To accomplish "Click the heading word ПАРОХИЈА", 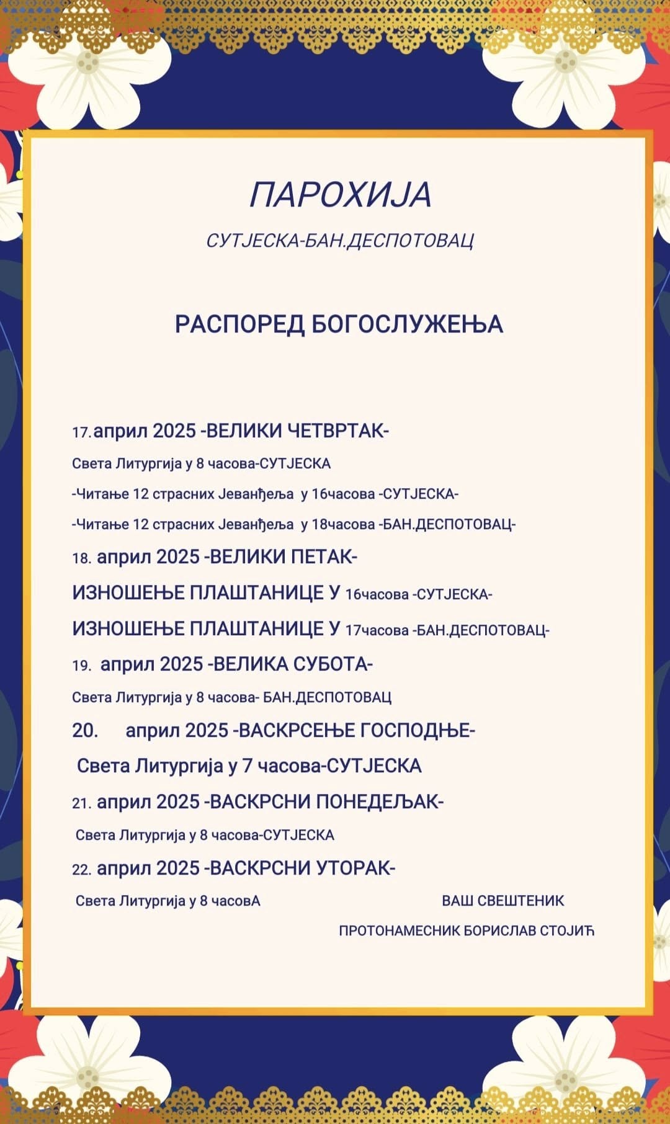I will [340, 195].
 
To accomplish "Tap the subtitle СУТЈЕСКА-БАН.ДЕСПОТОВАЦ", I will [340, 241].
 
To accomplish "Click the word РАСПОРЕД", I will [239, 324].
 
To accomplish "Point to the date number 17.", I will [81, 432].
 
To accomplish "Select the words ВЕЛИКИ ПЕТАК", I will [284, 557].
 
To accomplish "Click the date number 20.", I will [84, 731].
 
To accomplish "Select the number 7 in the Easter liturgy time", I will [247, 766].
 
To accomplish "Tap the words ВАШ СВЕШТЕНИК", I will [502, 901].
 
